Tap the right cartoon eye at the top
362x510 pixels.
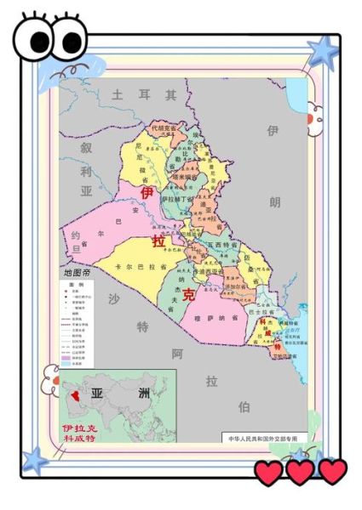68,38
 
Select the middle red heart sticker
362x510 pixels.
300,472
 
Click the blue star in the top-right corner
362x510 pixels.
323,52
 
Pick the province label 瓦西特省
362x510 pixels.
222,244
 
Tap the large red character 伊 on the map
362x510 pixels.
147,194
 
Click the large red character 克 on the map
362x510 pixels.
188,295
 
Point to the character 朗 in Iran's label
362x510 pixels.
274,202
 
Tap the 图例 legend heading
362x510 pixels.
75,285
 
